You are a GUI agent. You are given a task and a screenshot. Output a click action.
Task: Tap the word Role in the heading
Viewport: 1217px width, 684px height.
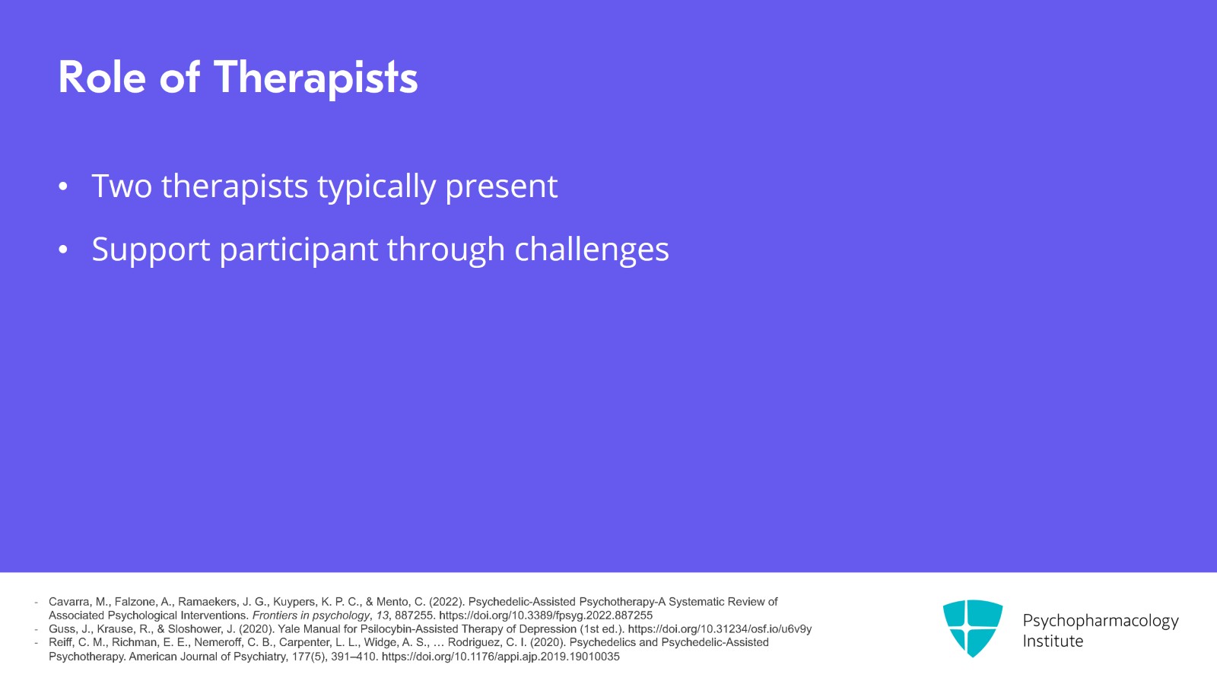coord(102,78)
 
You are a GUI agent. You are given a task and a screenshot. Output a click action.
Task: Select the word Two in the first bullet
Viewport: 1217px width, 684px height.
coord(122,186)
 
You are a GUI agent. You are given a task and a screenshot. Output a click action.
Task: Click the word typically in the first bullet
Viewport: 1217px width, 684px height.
coord(377,187)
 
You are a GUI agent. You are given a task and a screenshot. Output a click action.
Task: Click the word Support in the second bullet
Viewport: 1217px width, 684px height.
coord(151,250)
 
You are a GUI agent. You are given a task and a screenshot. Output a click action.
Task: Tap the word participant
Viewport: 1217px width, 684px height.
coord(298,250)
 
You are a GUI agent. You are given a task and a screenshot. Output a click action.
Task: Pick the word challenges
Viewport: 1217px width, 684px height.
coord(592,250)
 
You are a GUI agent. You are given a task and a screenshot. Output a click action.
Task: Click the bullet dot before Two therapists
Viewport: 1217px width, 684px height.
coord(63,186)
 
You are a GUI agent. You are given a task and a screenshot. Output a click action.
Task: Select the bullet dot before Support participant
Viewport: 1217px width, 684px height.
coord(63,250)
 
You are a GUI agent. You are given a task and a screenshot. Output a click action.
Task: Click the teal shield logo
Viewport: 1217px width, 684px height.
coord(973,628)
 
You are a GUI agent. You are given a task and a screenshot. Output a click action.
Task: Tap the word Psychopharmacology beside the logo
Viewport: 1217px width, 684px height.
coord(1101,621)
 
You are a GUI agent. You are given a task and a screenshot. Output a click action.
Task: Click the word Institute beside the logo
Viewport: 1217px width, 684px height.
coord(1053,641)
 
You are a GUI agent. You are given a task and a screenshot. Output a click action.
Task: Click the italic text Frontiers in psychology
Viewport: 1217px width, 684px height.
coord(311,616)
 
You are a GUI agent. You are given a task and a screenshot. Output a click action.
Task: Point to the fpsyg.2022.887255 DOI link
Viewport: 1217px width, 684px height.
coord(545,616)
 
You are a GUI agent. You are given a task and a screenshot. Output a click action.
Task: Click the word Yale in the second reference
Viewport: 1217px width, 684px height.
coord(289,629)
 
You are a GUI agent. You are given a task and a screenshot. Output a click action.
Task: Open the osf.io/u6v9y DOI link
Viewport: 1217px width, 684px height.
coord(720,629)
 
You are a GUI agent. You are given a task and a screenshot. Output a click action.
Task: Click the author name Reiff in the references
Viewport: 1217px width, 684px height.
coord(61,642)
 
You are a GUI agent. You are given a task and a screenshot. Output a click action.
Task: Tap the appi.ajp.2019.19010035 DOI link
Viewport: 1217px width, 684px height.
coord(500,657)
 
